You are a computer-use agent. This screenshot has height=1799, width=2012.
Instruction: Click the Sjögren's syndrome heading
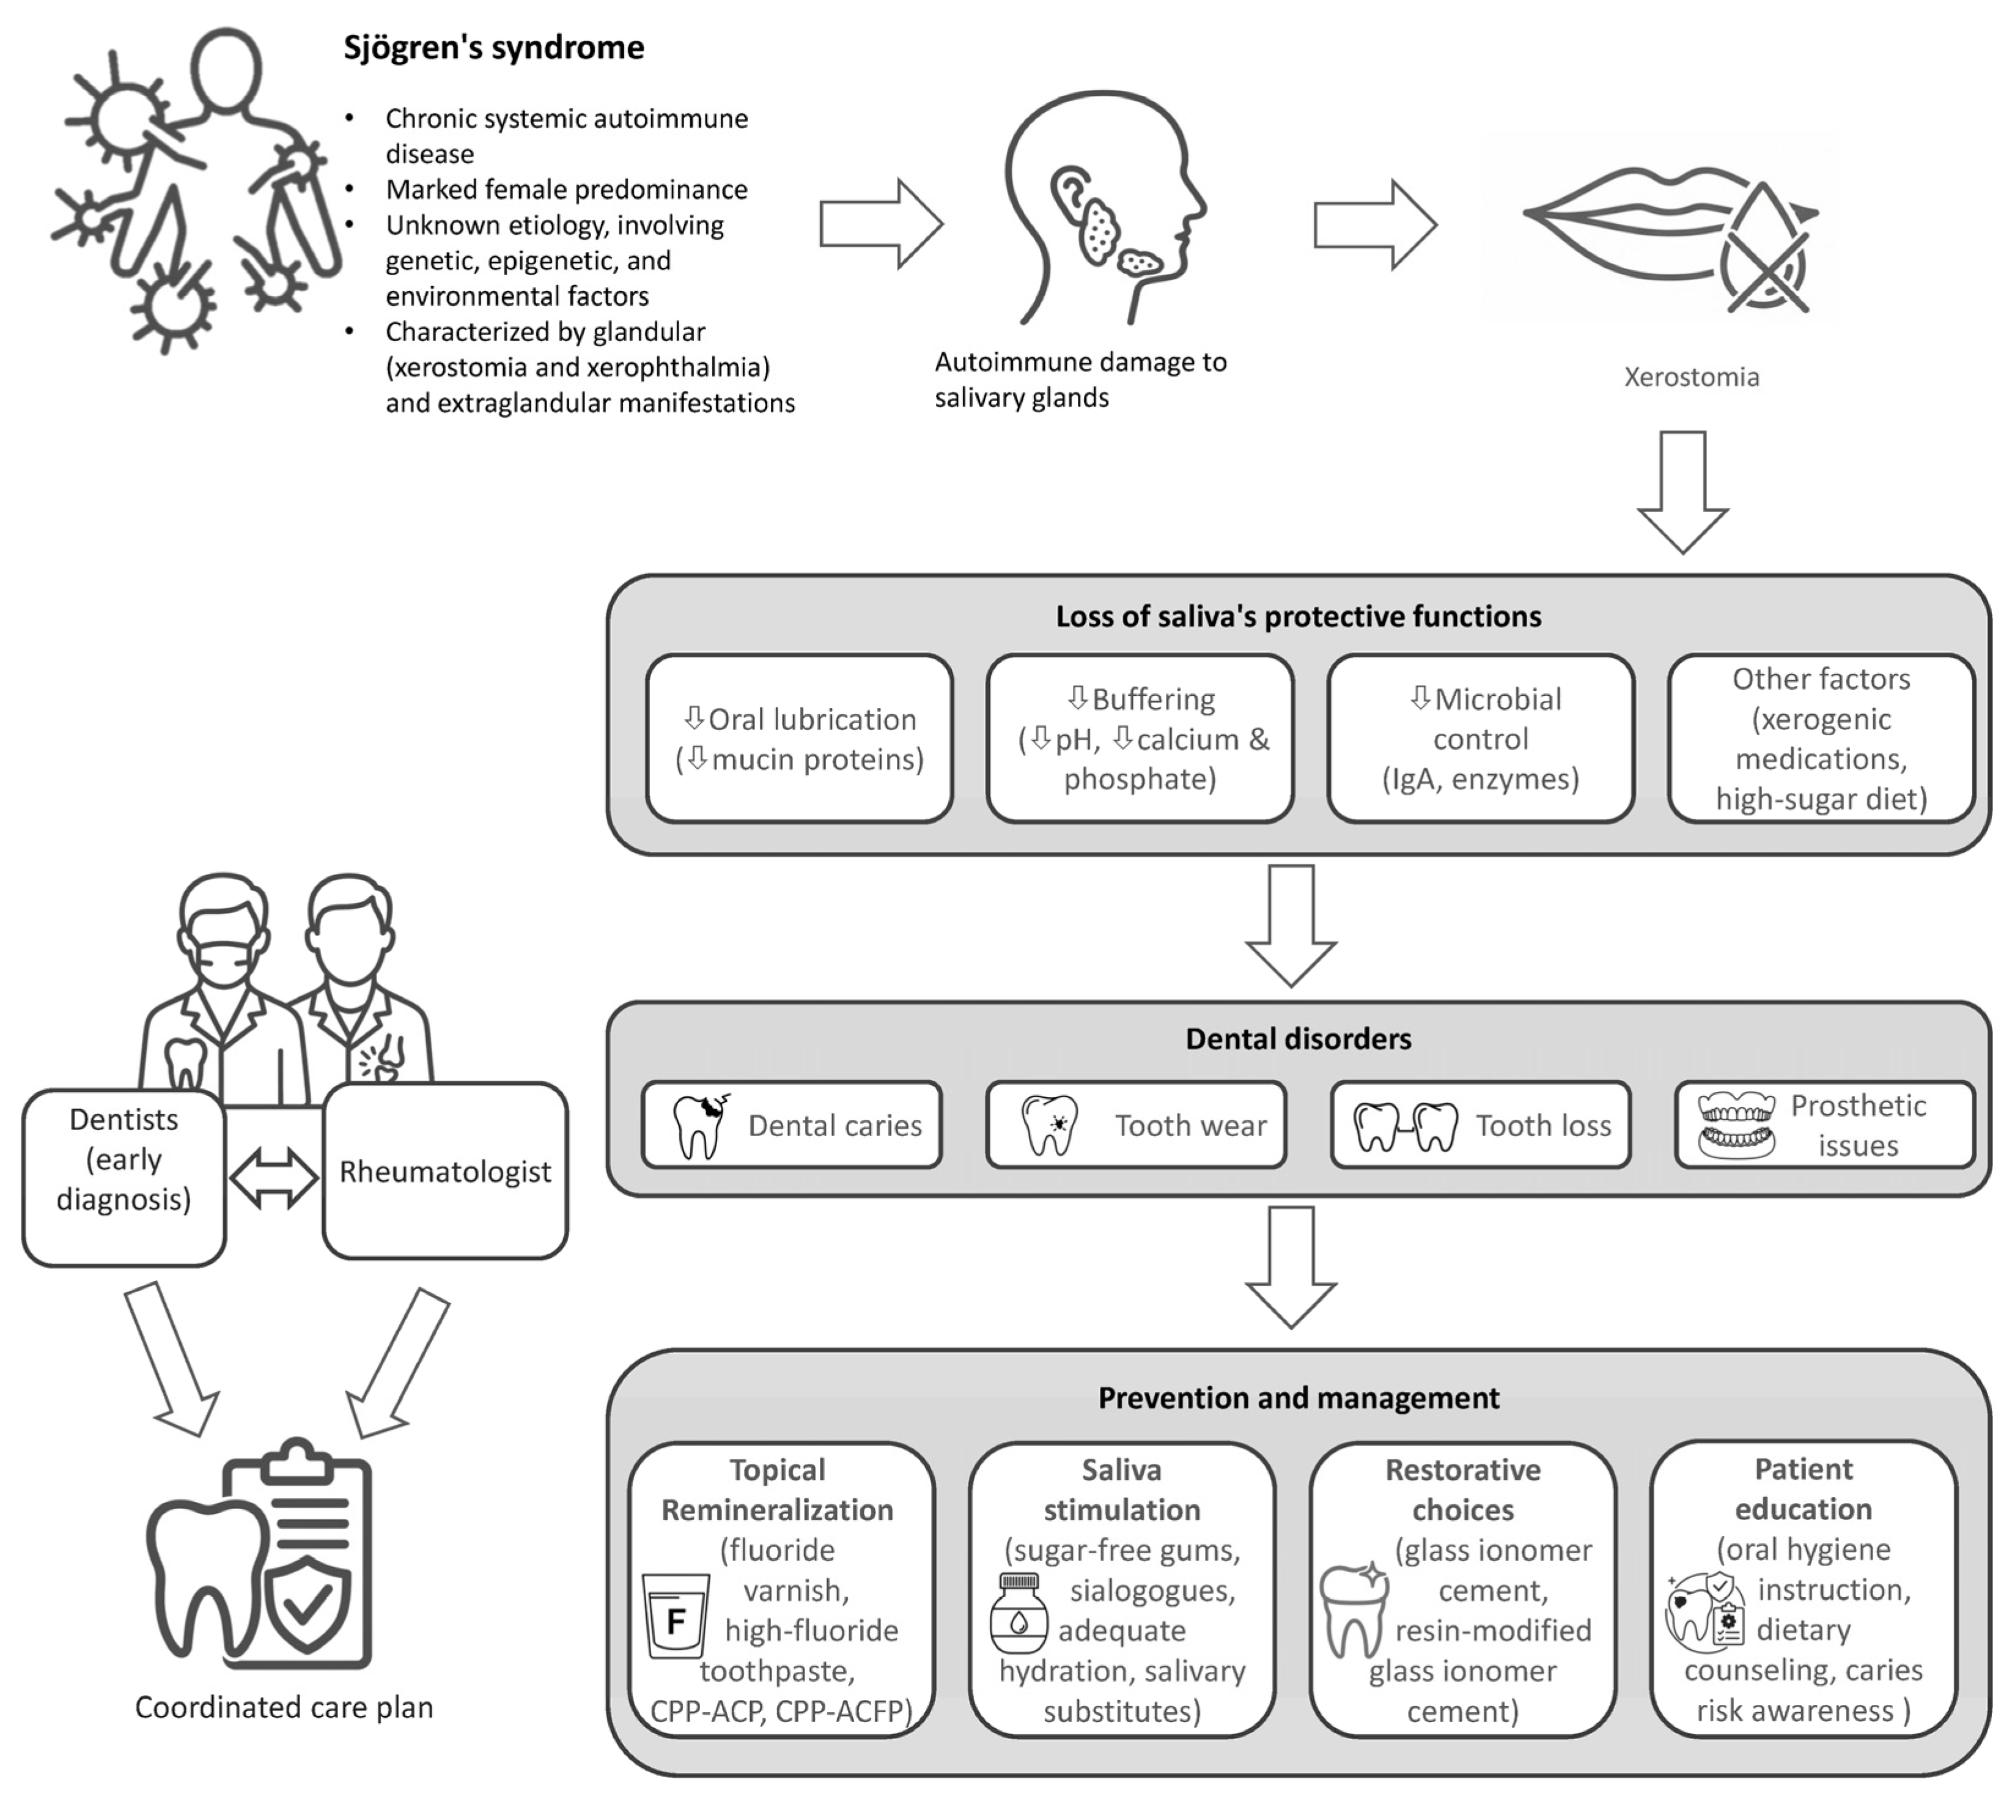coord(493,48)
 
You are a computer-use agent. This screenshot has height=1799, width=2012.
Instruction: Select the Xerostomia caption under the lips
coord(1691,377)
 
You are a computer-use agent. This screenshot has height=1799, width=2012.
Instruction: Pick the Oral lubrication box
coord(800,739)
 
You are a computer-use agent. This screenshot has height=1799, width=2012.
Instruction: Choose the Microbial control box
coord(1480,739)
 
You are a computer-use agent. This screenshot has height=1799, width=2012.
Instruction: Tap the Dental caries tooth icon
coord(699,1126)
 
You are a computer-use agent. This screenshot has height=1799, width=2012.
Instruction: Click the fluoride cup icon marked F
coord(676,1615)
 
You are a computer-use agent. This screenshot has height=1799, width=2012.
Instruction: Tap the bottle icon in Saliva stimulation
coord(1018,1614)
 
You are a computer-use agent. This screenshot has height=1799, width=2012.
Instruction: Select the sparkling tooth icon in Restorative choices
coord(1353,1610)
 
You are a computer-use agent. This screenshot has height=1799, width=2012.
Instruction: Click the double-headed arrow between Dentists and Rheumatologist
coord(274,1177)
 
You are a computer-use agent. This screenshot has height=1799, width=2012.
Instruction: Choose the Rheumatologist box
coord(444,1172)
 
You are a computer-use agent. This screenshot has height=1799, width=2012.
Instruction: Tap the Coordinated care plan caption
coord(284,1707)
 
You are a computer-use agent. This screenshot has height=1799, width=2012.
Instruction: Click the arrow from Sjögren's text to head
coord(880,224)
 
